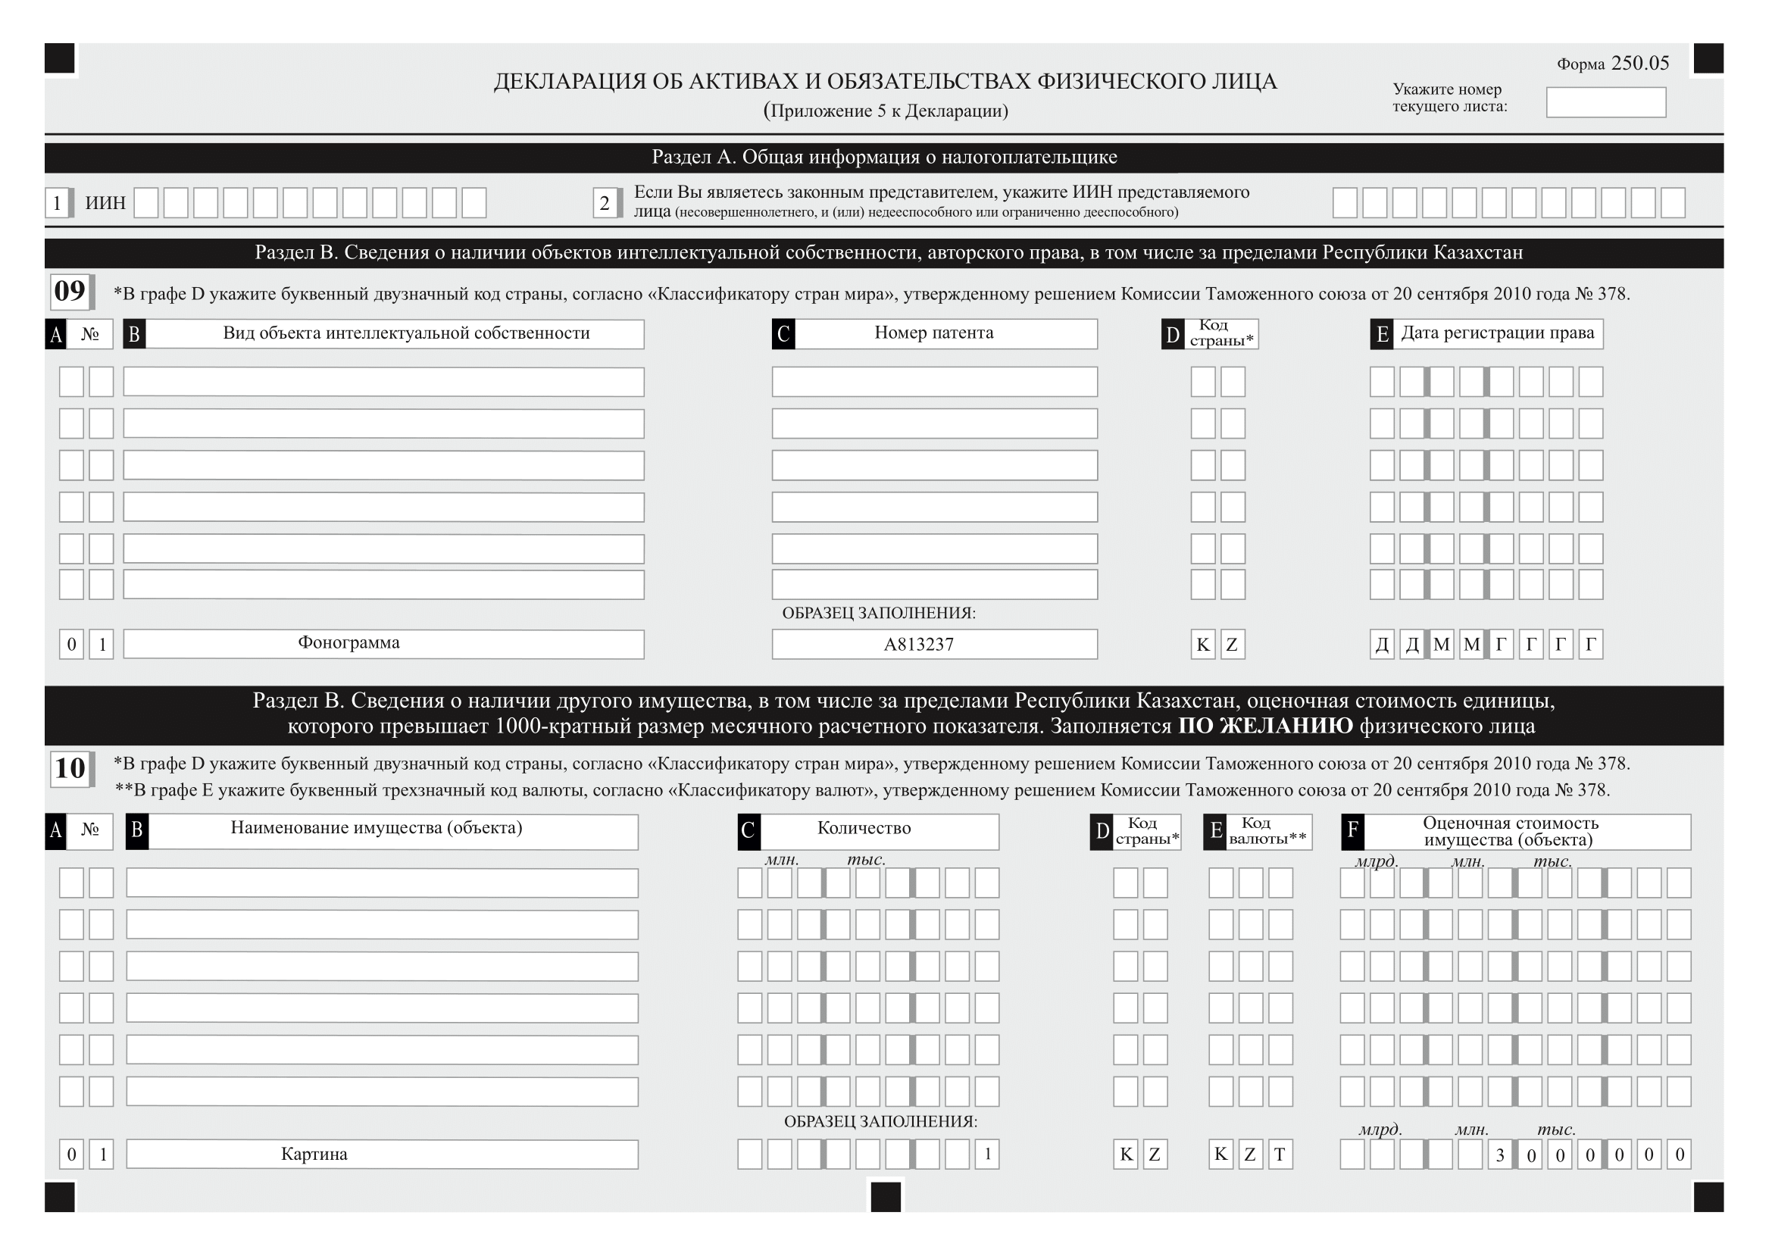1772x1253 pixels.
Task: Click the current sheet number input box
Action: (1605, 102)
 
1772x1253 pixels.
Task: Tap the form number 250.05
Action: (1639, 64)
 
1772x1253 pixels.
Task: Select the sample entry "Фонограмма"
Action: (348, 642)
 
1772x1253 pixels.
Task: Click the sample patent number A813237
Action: (918, 644)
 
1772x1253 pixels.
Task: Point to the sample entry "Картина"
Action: (314, 1155)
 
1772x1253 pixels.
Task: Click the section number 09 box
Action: (70, 292)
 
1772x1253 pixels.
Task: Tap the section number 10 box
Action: (70, 768)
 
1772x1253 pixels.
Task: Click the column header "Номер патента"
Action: (934, 333)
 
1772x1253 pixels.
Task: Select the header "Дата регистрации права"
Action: (1497, 333)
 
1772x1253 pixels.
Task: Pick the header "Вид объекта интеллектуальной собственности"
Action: (406, 333)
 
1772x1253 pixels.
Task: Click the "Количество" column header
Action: (864, 829)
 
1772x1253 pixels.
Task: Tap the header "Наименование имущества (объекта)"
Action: (377, 829)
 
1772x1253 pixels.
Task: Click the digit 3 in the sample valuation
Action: (1500, 1155)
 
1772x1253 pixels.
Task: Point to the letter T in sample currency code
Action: (1280, 1155)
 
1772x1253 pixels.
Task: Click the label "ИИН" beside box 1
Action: (105, 203)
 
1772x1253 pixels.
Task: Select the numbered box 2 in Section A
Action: (605, 203)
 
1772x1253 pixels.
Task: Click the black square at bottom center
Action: (885, 1197)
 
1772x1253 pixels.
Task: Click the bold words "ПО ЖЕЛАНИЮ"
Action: (1266, 726)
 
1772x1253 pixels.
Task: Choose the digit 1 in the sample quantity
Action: (987, 1155)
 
